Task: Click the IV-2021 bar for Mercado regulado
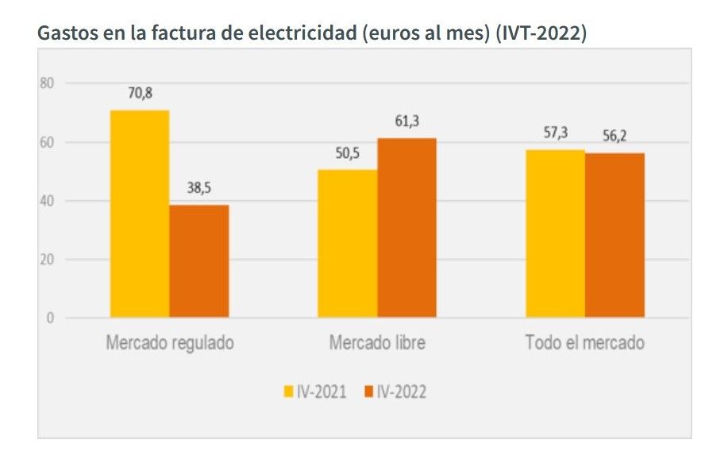[140, 214]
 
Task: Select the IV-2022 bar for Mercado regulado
[199, 261]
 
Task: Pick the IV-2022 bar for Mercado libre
[406, 228]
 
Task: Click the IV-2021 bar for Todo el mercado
[555, 233]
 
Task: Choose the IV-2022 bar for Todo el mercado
[614, 235]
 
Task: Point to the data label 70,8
[140, 93]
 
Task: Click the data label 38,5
[199, 189]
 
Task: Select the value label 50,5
[348, 153]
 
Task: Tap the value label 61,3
[406, 121]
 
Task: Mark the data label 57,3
[555, 133]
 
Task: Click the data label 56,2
[614, 136]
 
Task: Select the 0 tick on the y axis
[49, 318]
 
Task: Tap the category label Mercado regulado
[170, 344]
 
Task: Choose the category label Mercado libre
[377, 344]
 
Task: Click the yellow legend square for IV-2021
[289, 391]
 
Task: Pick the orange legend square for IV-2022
[368, 391]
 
